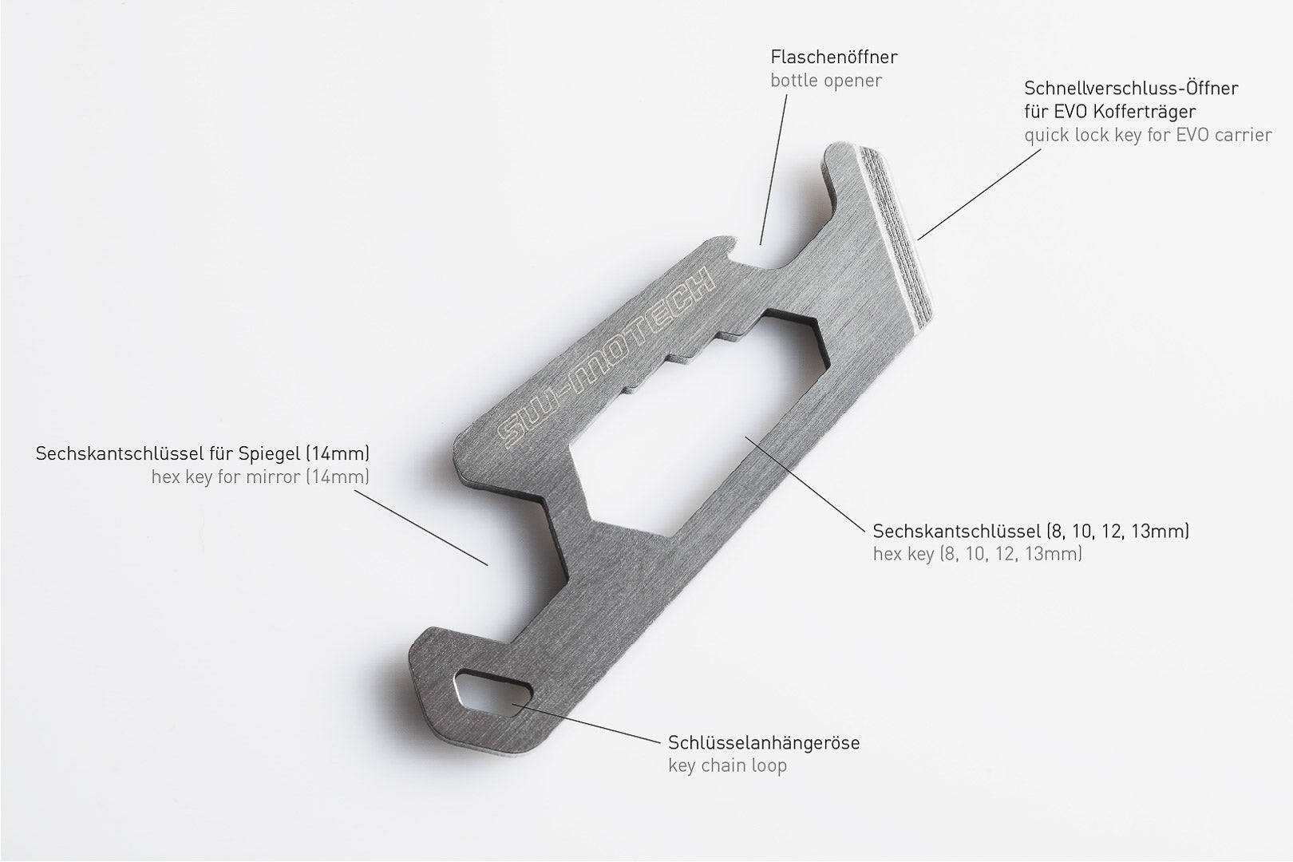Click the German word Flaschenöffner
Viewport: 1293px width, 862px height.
[x=833, y=57]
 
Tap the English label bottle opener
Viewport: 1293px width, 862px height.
[x=826, y=81]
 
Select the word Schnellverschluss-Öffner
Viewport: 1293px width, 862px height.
[x=1131, y=88]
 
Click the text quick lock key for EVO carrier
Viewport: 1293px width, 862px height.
[x=1148, y=135]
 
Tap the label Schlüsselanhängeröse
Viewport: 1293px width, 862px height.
[x=763, y=742]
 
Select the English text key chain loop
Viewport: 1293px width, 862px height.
[x=727, y=765]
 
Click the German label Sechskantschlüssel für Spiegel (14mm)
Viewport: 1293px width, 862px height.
[x=203, y=454]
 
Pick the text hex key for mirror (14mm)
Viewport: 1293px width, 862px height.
[x=260, y=477]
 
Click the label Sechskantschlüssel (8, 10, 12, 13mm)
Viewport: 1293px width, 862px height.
[x=1030, y=531]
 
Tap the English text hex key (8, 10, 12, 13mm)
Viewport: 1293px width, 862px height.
[x=977, y=554]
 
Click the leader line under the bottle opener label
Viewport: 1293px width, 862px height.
[x=774, y=168]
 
